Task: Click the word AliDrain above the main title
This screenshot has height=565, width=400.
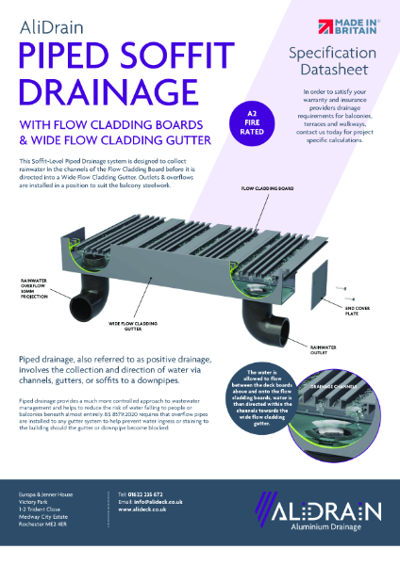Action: [52, 30]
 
